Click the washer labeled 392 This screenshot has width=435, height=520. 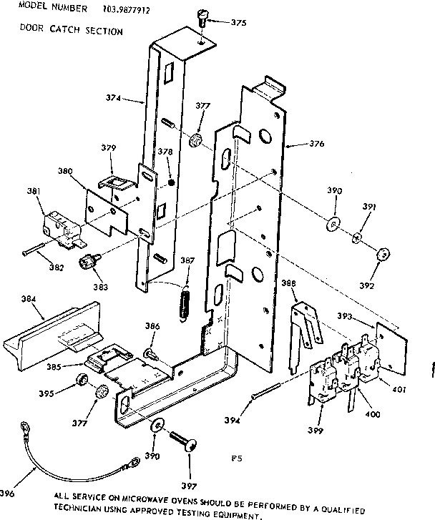[x=383, y=252]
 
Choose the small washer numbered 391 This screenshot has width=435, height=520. [x=357, y=237]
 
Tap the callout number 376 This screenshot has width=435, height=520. [x=316, y=144]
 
